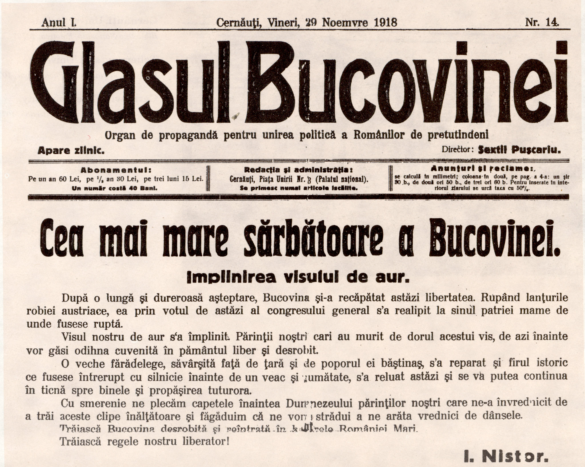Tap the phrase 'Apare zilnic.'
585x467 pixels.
click(71, 151)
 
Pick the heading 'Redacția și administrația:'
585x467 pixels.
click(298, 170)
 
